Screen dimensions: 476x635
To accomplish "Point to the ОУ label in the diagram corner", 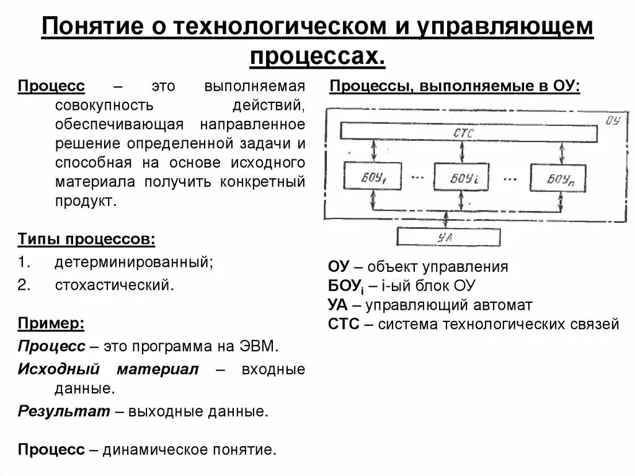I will click(x=612, y=120).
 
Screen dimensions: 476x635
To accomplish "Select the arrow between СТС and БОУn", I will click(x=562, y=151).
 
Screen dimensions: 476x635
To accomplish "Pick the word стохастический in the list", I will click(x=113, y=285).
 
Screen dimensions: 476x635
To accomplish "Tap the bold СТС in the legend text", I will click(x=344, y=324).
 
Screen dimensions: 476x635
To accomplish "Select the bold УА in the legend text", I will click(x=338, y=305).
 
